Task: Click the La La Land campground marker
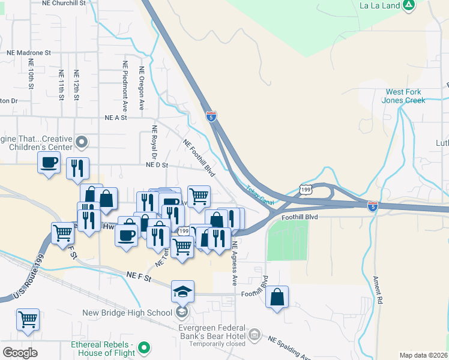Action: (409, 5)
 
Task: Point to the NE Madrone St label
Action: (29, 53)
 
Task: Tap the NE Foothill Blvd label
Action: (199, 158)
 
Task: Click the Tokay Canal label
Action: (259, 196)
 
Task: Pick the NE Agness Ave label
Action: (235, 264)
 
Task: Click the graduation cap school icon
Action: (182, 292)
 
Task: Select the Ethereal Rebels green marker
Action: (143, 347)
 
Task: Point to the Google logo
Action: (20, 353)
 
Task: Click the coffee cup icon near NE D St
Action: (49, 162)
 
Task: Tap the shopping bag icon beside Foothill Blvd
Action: (277, 297)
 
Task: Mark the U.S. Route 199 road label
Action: (23, 284)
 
